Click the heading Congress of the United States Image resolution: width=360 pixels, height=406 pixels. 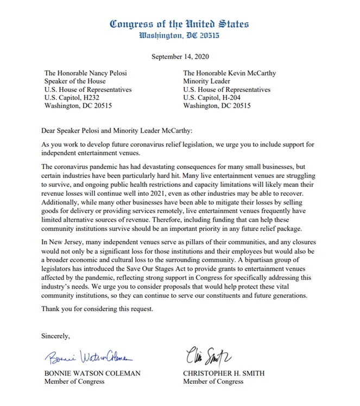coord(179,24)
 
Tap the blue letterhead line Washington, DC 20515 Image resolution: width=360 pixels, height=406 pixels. coord(179,36)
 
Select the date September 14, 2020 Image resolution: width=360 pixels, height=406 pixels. coord(179,57)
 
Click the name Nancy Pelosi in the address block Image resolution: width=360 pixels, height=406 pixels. coord(105,73)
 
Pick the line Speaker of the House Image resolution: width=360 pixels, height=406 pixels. coord(75,82)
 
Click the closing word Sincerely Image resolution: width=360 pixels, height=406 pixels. coord(56,336)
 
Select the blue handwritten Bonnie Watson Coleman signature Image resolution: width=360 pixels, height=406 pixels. coord(89,357)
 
